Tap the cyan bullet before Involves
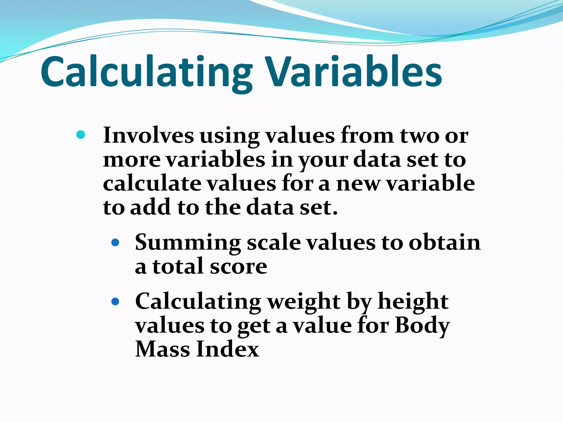80,135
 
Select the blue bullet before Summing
115,242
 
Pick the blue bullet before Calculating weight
115,302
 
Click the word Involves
148,135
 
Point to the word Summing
188,243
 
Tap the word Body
422,326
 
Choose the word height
413,302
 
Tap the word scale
274,243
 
